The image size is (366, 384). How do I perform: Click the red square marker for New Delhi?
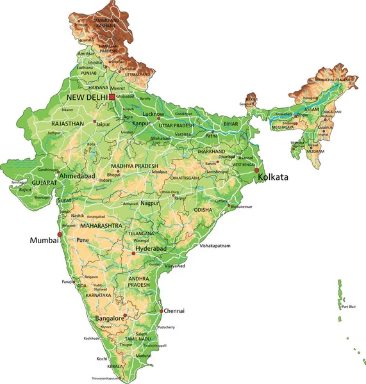click(112, 97)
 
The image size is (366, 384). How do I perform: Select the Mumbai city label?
click(44, 241)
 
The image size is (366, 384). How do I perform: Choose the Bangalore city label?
click(109, 318)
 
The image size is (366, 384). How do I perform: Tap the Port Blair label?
click(349, 307)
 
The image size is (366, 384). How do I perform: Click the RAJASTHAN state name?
click(68, 123)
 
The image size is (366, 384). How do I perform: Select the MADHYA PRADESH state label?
click(128, 166)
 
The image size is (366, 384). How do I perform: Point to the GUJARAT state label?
click(44, 183)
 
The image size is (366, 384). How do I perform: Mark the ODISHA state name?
click(203, 209)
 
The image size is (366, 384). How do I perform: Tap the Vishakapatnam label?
click(215, 246)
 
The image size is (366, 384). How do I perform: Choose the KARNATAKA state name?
click(99, 296)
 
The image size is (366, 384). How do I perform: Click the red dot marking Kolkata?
click(257, 171)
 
